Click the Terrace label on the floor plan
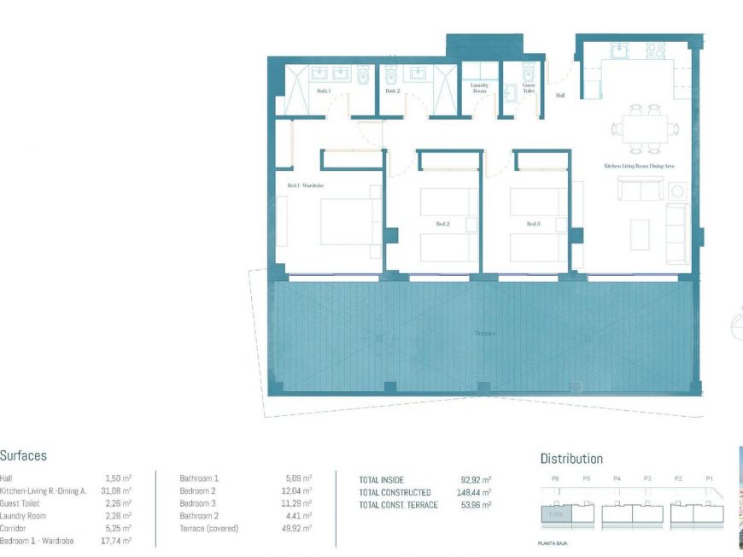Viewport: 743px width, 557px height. coord(485,334)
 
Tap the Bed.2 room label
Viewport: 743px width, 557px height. coord(442,224)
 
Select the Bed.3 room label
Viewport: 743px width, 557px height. coord(533,224)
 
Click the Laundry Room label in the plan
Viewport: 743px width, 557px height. coord(479,86)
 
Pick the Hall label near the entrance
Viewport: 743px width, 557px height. coord(560,96)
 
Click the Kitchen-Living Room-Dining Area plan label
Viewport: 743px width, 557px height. coord(639,165)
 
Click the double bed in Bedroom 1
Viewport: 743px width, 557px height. coord(347,220)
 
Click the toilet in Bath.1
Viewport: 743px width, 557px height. coord(363,76)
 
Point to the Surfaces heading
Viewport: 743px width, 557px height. coord(23,456)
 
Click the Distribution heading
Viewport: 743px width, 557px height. coord(571,459)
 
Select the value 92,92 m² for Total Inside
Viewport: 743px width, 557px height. coord(476,480)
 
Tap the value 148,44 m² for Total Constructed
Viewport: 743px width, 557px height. coord(474,493)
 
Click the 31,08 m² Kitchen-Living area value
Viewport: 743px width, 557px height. coord(115,491)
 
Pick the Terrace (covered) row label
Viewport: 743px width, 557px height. coord(208,529)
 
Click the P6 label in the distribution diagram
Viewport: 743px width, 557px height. coord(555,479)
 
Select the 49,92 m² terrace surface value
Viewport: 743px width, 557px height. coord(296,529)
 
